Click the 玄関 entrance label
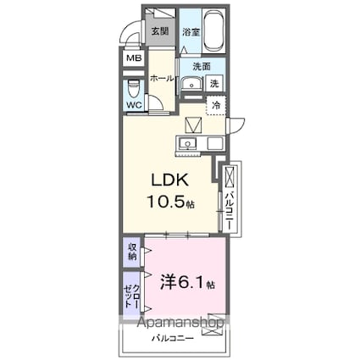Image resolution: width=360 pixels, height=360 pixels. [159, 32]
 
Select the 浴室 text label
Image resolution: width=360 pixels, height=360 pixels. [191, 32]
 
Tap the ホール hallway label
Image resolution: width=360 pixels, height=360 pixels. [162, 78]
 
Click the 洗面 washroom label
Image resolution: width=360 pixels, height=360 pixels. [200, 67]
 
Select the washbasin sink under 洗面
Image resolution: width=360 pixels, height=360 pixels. [190, 83]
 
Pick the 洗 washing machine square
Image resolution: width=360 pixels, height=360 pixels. [214, 83]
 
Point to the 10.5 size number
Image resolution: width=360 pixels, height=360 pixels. [165, 203]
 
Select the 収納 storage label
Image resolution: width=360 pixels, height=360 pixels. [133, 252]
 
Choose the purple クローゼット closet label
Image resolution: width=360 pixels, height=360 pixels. [132, 292]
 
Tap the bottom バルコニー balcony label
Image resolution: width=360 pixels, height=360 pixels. [174, 338]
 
